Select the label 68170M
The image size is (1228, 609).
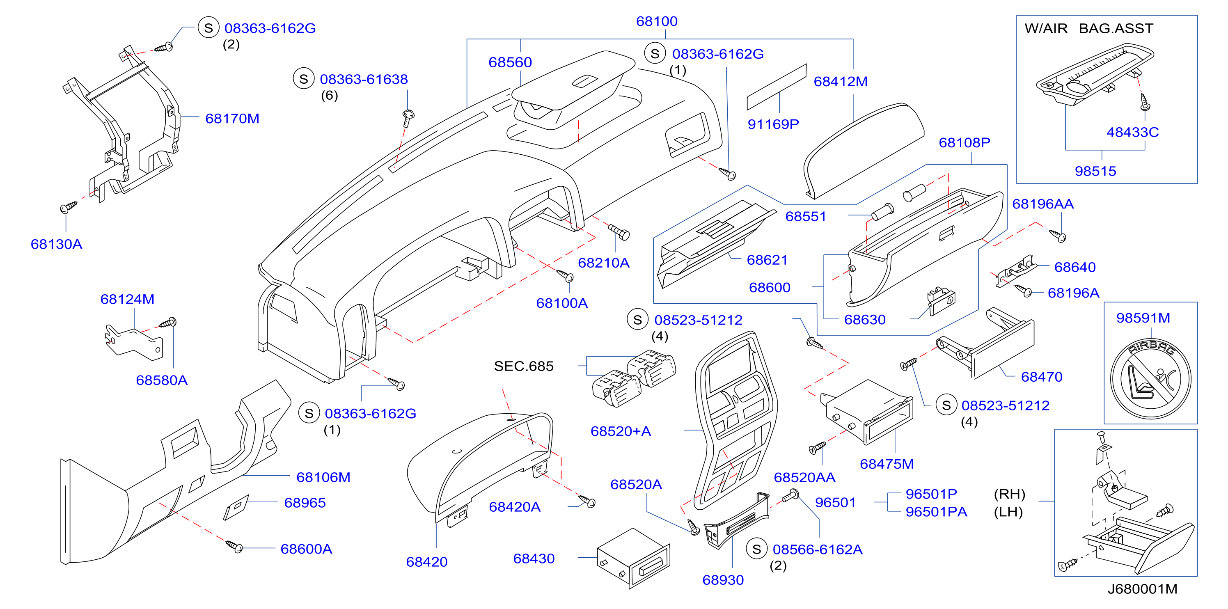click(232, 119)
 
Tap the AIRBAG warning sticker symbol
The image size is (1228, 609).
click(1150, 378)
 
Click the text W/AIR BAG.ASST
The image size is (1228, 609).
click(1089, 29)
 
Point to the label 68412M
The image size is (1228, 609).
click(841, 82)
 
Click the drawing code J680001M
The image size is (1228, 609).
click(1142, 589)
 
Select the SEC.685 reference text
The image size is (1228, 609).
click(523, 366)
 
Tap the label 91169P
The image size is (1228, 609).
click(773, 124)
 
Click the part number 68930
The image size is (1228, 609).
click(723, 580)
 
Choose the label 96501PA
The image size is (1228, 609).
click(936, 512)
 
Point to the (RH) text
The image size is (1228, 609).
click(1009, 494)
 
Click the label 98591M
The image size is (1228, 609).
click(1143, 318)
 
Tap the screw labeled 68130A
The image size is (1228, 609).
click(69, 207)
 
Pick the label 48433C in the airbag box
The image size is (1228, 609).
click(1132, 132)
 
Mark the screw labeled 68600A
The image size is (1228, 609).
click(234, 546)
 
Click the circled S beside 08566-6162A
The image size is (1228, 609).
click(756, 549)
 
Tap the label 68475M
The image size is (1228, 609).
click(887, 464)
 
